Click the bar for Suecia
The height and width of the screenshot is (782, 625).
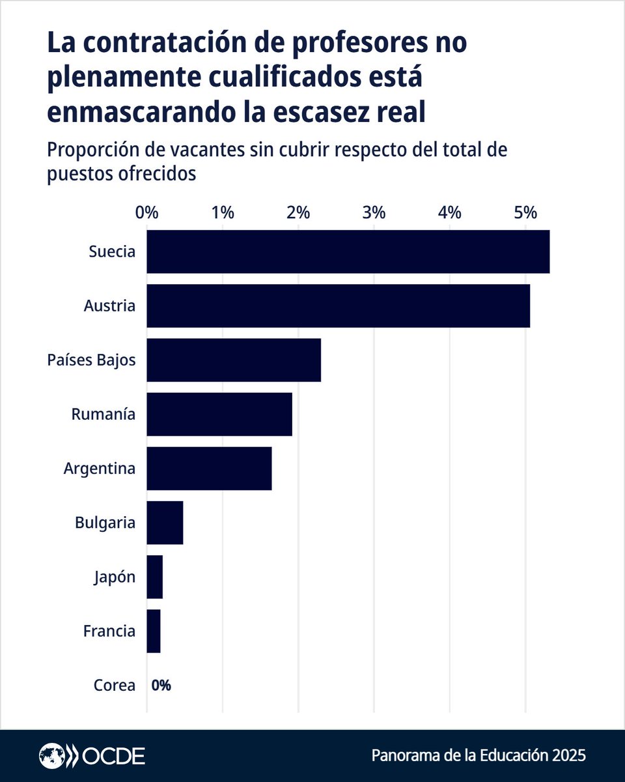point(348,252)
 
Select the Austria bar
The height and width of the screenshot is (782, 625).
point(338,306)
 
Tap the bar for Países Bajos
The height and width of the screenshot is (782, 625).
point(234,360)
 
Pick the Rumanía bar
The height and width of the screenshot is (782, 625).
point(219,414)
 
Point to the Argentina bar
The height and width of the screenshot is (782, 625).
point(209,468)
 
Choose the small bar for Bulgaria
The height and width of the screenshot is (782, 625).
point(165,522)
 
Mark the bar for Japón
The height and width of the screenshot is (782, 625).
point(155,576)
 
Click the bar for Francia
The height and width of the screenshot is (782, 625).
point(154,630)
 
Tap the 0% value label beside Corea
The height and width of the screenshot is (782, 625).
point(161,685)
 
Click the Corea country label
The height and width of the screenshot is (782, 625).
point(115,685)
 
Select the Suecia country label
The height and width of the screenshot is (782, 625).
point(112,252)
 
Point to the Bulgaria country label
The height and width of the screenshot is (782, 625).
point(105,522)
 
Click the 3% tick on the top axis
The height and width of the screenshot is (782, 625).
point(374,212)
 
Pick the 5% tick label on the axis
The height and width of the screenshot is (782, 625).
point(525,212)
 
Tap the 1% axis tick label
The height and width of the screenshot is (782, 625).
point(223,212)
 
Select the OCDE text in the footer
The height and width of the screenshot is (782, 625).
point(113,756)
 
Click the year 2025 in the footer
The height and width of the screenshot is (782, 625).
point(568,756)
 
